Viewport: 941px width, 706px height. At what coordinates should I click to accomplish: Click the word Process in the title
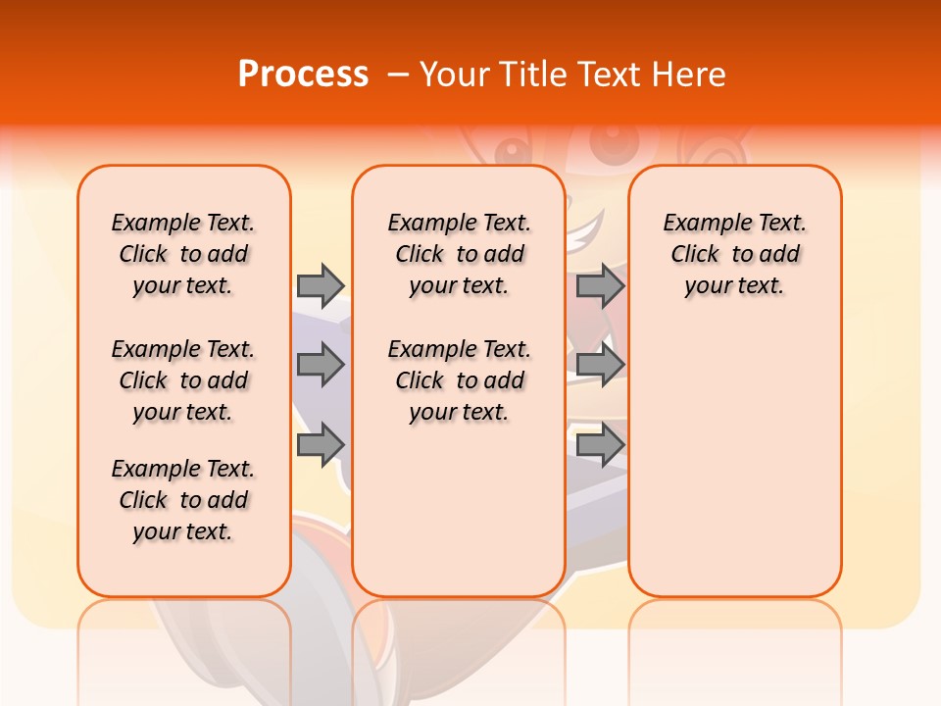pos(302,75)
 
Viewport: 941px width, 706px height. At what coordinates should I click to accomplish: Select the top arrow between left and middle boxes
pos(320,285)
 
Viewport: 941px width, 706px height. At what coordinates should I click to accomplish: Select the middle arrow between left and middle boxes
pos(320,365)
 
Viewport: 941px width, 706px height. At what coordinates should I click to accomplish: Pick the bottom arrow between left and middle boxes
pos(320,445)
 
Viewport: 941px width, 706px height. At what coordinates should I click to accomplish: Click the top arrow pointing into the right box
pos(600,285)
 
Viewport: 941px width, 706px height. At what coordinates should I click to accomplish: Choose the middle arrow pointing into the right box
pos(600,365)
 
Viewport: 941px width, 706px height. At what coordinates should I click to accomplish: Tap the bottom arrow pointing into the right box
pos(600,445)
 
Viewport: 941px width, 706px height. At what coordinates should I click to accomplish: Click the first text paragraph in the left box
pos(183,254)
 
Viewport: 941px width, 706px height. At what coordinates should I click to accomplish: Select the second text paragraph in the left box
pos(183,380)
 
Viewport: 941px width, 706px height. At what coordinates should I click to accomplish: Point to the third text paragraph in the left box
pos(183,500)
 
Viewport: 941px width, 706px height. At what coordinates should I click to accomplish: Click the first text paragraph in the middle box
pos(459,254)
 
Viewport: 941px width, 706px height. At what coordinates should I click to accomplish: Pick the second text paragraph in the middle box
pos(459,380)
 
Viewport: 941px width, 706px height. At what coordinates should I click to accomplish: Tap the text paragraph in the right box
pos(734,254)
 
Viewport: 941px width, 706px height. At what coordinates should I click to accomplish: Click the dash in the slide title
pos(397,75)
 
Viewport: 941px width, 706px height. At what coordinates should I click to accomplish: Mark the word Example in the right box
pos(701,224)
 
